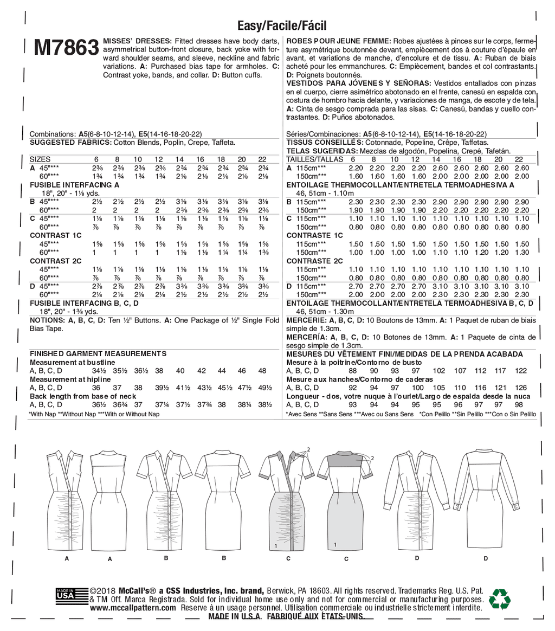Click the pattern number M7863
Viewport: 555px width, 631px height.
(66, 49)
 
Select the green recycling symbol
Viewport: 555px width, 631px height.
(499, 599)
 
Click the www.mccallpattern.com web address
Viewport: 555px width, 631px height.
(133, 608)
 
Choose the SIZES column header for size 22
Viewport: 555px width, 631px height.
(263, 159)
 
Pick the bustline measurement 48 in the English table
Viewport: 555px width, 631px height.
(263, 371)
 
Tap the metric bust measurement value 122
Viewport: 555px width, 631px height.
(521, 371)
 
